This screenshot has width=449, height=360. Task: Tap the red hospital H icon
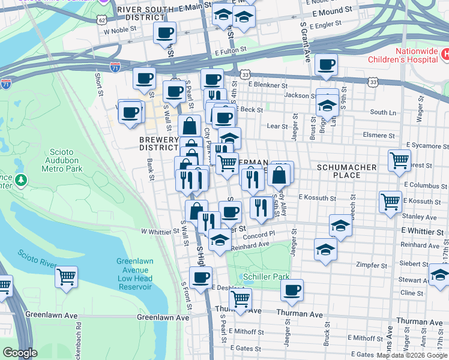coord(445,55)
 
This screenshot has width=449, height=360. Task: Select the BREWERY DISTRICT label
coord(158,143)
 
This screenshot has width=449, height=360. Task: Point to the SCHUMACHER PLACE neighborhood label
coord(346,171)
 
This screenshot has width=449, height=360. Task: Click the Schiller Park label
coord(267,277)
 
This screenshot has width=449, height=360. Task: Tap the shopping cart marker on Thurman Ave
coord(241,299)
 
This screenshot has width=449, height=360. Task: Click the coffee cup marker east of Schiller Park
coord(292,290)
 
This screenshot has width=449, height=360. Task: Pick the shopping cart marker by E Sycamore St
coord(399,161)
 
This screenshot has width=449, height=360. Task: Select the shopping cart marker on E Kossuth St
coord(390,201)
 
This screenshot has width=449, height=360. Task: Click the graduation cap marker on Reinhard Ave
coord(325,250)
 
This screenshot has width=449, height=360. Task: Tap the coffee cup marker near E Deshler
coord(201,277)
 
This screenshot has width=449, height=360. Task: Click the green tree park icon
coord(22,179)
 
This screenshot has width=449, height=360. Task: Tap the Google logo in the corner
coord(20,353)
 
